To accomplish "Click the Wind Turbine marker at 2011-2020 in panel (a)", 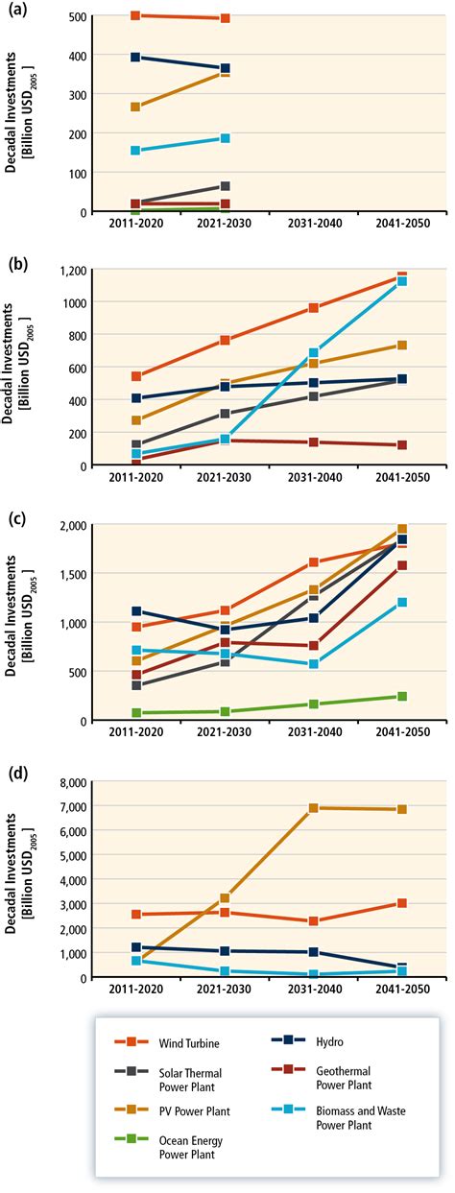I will point(136,16).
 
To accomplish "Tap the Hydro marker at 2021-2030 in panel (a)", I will point(225,69).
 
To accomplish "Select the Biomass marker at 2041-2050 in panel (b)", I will point(401,282).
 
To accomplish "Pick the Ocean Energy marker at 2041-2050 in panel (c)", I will point(401,697).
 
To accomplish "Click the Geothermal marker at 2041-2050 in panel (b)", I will point(401,445).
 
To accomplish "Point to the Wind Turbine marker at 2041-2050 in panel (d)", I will point(401,903).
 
